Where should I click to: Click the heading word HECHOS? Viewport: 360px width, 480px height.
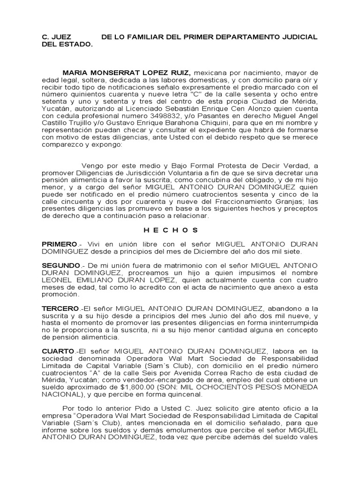tap(171, 231)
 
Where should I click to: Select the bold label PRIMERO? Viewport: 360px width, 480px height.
tap(59, 244)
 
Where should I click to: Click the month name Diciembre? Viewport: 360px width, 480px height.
tap(189, 252)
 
